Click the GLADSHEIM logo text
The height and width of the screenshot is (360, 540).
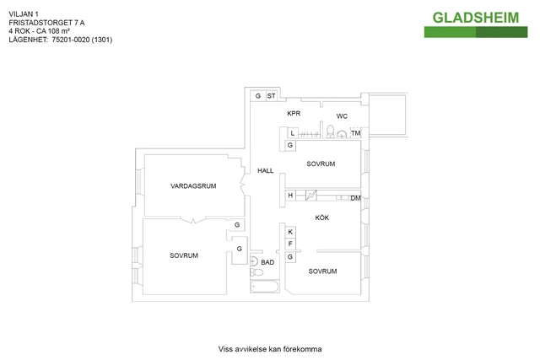click(476, 18)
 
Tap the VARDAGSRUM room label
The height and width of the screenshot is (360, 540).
click(193, 186)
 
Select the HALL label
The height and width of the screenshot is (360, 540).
click(266, 170)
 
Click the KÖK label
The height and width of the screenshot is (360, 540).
click(322, 218)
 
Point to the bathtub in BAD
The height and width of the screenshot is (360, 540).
click(265, 287)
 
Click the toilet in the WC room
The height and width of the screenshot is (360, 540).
click(330, 132)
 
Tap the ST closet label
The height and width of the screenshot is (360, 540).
click(272, 96)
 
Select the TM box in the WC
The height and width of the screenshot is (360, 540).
click(356, 133)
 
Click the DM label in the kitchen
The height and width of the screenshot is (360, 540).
click(355, 198)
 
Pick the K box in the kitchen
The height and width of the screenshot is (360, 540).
click(290, 232)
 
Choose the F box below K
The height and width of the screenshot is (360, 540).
click(290, 244)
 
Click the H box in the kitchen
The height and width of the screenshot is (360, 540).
click(290, 196)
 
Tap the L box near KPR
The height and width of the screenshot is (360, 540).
click(293, 133)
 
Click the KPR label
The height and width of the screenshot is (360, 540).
click(294, 113)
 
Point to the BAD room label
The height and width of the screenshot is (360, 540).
click(267, 262)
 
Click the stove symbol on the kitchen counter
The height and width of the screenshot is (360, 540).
click(311, 196)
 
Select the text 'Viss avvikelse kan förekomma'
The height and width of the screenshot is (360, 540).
click(270, 349)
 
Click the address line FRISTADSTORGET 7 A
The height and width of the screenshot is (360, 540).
click(46, 23)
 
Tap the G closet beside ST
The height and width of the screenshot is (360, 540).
click(258, 96)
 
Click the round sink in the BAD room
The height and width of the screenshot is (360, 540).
click(254, 261)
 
